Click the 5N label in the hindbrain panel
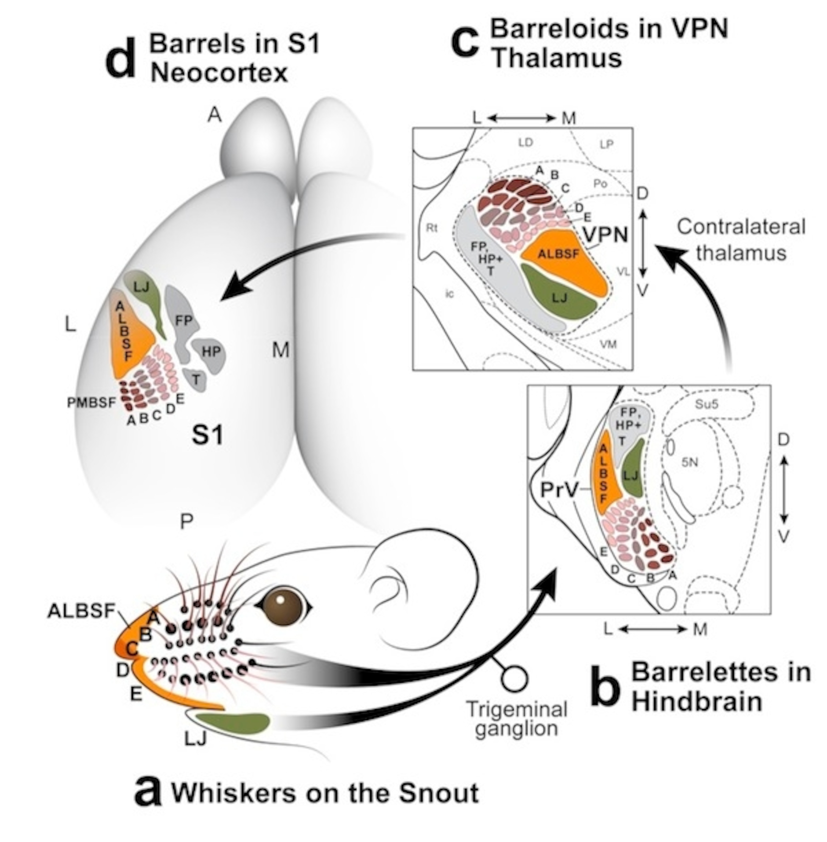pyautogui.click(x=689, y=462)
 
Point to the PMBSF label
pyautogui.click(x=91, y=403)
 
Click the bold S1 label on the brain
pyautogui.click(x=208, y=435)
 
